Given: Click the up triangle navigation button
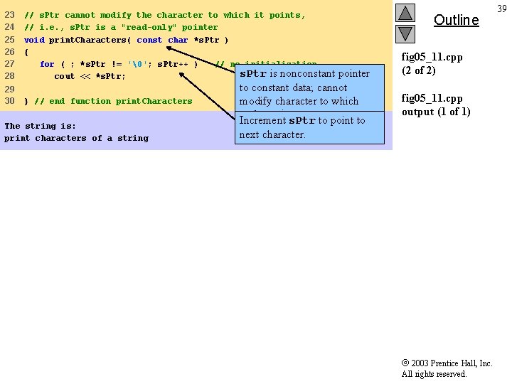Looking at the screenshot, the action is (405, 13).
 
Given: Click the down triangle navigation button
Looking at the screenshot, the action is (405, 33).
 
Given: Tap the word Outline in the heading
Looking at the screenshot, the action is (456, 20).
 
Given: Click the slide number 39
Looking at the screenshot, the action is (502, 8).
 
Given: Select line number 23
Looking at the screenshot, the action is (10, 15).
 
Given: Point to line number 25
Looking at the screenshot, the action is (10, 40).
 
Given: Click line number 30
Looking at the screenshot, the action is (10, 101).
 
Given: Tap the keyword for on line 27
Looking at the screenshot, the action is (47, 64).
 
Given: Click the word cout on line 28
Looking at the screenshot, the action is (64, 76).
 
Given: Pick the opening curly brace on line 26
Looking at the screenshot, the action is (26, 52).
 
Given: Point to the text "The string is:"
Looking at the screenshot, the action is (40, 126).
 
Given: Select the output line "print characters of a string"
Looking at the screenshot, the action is (76, 138).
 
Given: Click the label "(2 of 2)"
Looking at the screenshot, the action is (419, 70).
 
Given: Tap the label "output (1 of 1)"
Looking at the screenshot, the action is (436, 112).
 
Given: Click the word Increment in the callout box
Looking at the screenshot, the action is (262, 120).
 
